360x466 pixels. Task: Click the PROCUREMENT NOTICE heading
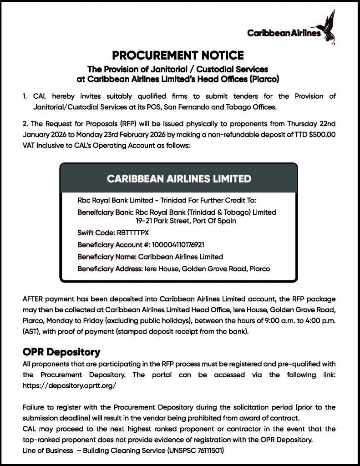pyautogui.click(x=178, y=56)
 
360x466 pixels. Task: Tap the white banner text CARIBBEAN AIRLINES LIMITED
pyautogui.click(x=179, y=178)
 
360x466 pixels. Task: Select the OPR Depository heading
pyautogui.click(x=61, y=352)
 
